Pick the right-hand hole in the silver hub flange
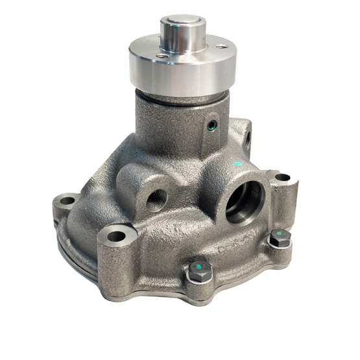click(x=222, y=47)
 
